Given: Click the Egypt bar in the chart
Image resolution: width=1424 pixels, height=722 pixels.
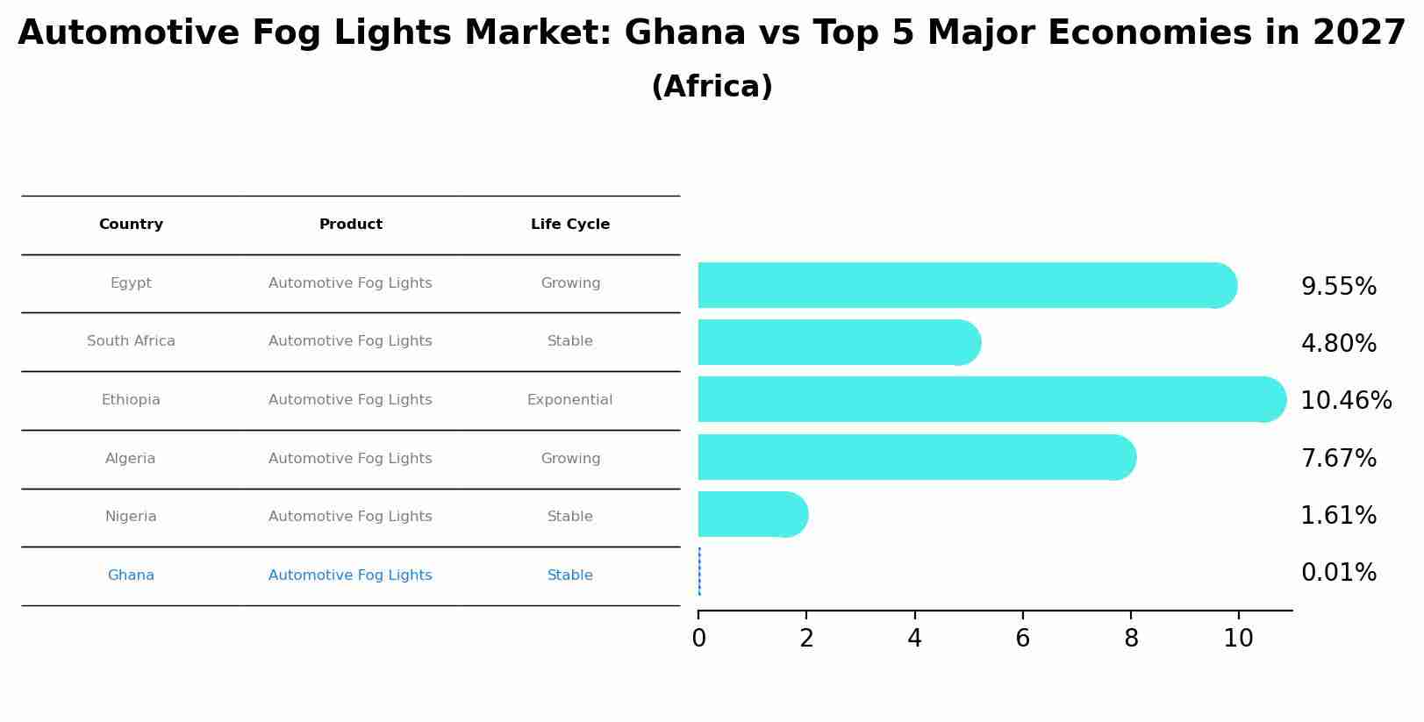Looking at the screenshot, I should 965,285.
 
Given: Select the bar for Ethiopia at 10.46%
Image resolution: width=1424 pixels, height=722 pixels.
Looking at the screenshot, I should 991,399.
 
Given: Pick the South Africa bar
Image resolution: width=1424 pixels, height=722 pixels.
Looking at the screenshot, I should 838,342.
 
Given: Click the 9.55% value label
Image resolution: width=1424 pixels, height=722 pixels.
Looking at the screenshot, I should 1338,287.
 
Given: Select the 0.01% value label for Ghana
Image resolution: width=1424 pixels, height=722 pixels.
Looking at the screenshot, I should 1338,573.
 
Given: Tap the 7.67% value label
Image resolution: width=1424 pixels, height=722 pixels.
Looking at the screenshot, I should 1338,459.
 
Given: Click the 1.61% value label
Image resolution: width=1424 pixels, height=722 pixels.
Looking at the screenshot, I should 1338,516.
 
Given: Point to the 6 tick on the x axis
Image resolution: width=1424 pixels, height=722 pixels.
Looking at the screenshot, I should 1022,639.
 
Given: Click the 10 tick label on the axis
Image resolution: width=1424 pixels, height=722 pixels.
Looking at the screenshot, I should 1238,639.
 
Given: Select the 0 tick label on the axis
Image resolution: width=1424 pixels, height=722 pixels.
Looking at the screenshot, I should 698,639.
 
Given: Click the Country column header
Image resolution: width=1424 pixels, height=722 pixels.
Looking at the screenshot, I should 131,225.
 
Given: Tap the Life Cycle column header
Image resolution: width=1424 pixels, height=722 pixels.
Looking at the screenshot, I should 570,225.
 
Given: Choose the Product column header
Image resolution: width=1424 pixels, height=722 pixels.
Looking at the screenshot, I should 350,225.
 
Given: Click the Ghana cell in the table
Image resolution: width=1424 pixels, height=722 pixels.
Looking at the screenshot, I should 131,575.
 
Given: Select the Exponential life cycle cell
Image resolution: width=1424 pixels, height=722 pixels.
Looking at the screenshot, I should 569,400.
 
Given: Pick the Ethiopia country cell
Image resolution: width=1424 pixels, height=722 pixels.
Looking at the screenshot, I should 131,400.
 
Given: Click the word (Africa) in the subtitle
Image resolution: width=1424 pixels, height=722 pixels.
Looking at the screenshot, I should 712,87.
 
